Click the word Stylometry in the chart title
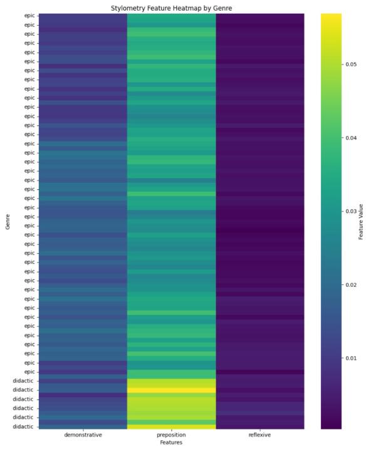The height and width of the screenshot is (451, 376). (x=130, y=8)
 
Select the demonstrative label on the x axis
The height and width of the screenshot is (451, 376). (x=83, y=433)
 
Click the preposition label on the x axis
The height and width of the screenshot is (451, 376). (x=171, y=433)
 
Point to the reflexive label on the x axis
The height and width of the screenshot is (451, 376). (x=260, y=433)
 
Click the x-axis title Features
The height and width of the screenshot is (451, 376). (x=171, y=442)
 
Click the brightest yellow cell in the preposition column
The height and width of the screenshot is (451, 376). (x=171, y=390)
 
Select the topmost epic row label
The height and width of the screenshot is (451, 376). (x=29, y=16)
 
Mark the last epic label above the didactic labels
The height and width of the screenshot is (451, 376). (x=29, y=371)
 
